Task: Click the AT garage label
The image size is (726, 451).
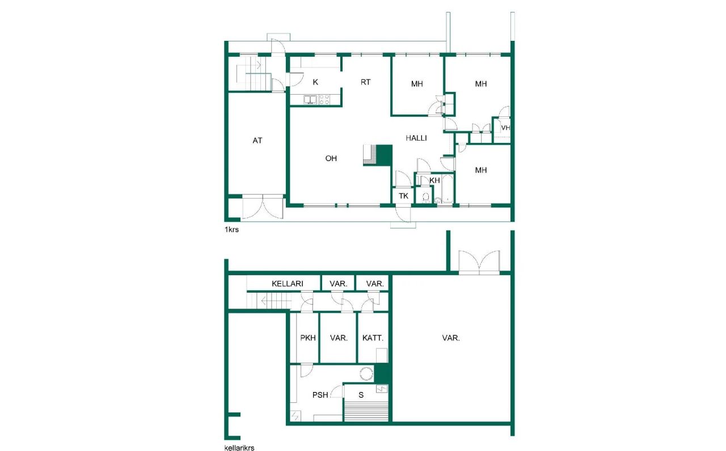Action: coord(258,141)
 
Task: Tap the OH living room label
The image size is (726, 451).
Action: coord(331,159)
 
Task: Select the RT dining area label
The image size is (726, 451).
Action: coord(365,82)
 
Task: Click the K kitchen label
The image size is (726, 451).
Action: coord(315,82)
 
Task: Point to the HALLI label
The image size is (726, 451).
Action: coord(416,138)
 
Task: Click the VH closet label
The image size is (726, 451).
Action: coord(505,128)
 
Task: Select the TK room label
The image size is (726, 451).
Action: coord(403,196)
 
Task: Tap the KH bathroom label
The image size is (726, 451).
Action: coord(435,180)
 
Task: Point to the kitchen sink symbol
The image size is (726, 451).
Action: coord(310,99)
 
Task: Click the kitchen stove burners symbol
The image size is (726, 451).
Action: coord(324,99)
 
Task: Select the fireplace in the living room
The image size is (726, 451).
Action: coord(377,155)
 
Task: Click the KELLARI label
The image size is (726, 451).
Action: coord(287,284)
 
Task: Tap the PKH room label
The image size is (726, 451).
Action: coord(308,338)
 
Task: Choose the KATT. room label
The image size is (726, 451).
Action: coord(373,338)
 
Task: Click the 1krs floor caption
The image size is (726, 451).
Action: coord(231,230)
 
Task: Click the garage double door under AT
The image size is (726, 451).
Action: coord(262,206)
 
